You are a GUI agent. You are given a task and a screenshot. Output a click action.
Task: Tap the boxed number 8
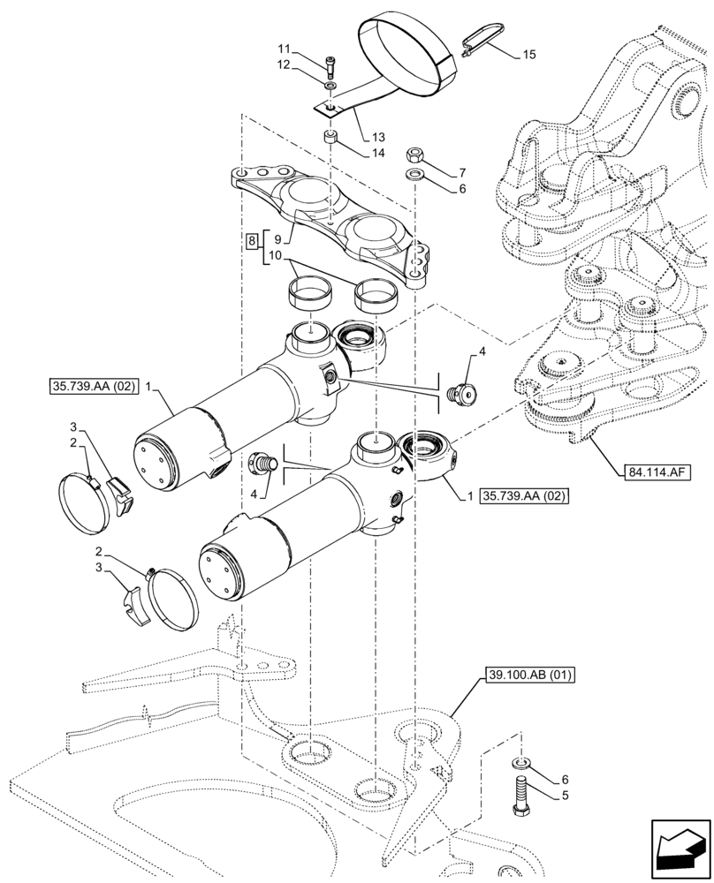coord(252,239)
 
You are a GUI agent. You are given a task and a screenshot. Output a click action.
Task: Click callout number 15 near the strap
coord(528,55)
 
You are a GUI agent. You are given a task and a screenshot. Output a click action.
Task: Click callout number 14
coord(378,153)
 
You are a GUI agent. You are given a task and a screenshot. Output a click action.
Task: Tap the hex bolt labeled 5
coord(519,793)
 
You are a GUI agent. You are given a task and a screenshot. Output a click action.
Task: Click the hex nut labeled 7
coord(414,155)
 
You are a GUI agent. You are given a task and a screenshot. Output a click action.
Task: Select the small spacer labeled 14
coord(330,138)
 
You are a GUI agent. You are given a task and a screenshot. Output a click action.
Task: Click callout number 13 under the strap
coord(378,137)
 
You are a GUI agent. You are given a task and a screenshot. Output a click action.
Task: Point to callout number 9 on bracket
coord(279,238)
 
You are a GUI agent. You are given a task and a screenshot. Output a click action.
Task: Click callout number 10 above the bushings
coord(277,256)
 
